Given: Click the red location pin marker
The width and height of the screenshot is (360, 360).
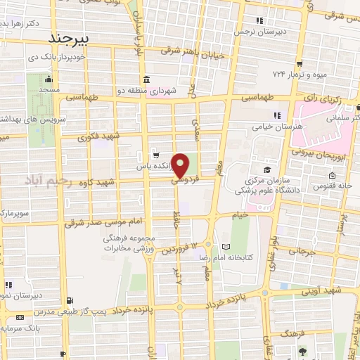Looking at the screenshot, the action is (x=181, y=165).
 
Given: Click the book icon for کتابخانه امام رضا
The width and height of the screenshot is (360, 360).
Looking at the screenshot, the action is (x=225, y=247).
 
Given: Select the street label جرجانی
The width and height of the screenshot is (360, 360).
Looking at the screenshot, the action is (x=298, y=250).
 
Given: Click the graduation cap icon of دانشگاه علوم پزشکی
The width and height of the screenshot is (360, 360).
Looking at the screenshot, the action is (x=266, y=169).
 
